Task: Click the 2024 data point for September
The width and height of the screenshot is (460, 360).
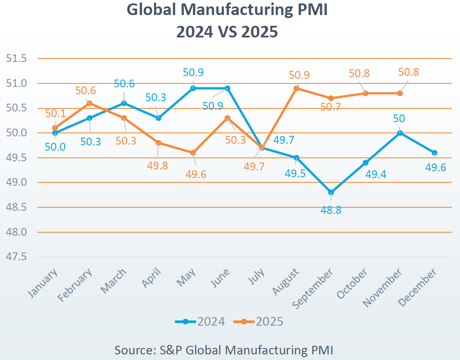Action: (x=331, y=192)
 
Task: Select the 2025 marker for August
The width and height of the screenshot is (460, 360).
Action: (x=296, y=88)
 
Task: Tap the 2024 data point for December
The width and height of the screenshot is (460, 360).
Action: (x=435, y=153)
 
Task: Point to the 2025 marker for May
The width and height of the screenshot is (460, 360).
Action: (x=193, y=153)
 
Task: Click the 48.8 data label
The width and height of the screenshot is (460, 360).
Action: (x=331, y=210)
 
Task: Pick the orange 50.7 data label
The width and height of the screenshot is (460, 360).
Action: (x=330, y=107)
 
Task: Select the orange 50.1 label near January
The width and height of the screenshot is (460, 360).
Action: (x=56, y=114)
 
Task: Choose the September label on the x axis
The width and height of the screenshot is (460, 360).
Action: (x=313, y=287)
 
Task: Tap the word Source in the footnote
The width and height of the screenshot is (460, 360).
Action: (x=132, y=350)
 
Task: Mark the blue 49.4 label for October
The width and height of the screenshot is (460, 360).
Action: (x=377, y=175)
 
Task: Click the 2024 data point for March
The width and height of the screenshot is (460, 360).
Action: (x=124, y=103)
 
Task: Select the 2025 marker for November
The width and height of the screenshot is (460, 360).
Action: (x=400, y=93)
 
